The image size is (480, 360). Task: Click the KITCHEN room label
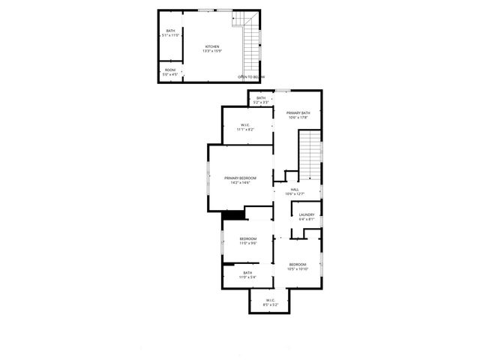click(213, 46)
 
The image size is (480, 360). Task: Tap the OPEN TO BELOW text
click(251, 77)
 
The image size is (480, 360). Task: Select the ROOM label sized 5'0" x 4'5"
click(171, 70)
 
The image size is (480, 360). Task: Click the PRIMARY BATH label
click(298, 112)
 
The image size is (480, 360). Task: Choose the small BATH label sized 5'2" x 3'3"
click(261, 98)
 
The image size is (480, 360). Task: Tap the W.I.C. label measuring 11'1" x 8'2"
click(245, 125)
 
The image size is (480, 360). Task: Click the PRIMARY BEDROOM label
click(240, 178)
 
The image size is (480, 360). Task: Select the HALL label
click(295, 190)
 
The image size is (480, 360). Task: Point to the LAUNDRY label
click(306, 215)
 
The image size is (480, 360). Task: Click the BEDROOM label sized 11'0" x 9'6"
click(247, 238)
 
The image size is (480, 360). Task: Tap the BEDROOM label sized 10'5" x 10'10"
click(298, 264)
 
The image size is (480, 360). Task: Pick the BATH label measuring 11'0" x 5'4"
click(247, 273)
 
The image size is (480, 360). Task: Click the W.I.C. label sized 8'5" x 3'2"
click(270, 301)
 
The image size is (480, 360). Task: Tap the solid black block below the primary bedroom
click(234, 214)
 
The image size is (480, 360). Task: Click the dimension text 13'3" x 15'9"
click(213, 52)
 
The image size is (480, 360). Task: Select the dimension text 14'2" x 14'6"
click(240, 183)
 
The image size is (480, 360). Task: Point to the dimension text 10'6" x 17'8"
click(298, 118)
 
